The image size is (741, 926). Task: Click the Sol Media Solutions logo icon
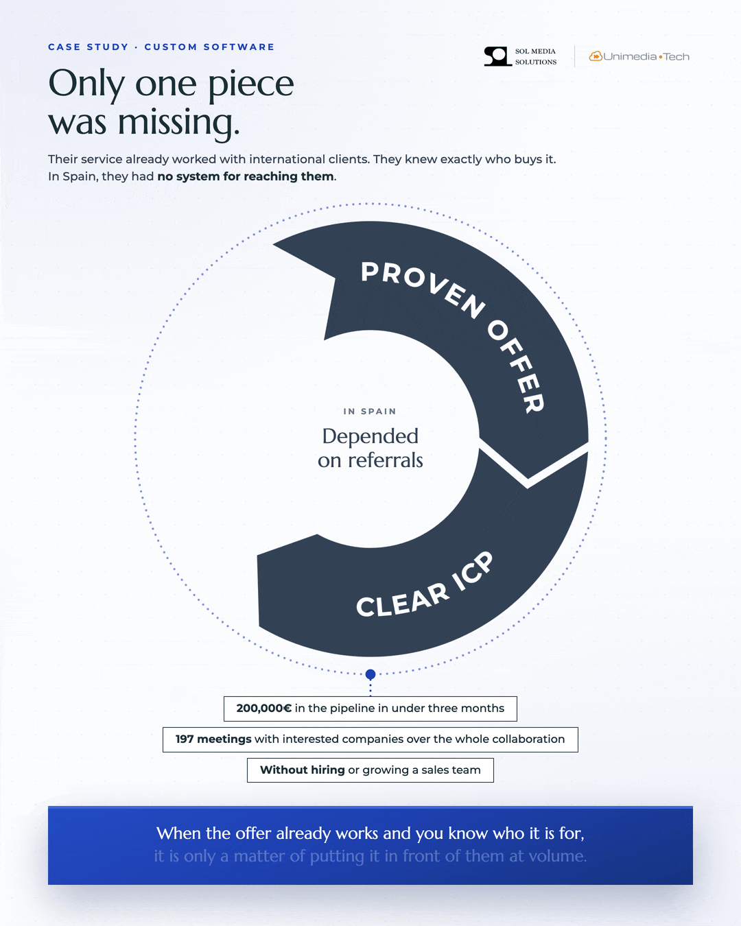tap(498, 56)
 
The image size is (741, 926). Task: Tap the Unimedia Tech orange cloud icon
tap(596, 56)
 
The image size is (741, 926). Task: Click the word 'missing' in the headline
tap(178, 123)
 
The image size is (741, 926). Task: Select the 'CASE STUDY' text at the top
tap(89, 47)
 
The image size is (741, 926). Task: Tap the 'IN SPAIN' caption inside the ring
tap(370, 412)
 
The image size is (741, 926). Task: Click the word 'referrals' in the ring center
tap(386, 460)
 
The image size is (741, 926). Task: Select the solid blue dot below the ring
tap(370, 674)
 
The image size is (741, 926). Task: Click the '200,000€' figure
tap(264, 709)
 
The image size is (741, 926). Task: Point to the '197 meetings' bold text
tap(213, 739)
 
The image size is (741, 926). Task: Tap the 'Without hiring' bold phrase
tap(303, 770)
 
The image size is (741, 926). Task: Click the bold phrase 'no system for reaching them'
tap(246, 176)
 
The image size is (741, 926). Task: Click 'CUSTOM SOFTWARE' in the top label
tap(209, 47)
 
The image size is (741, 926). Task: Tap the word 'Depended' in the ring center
tap(370, 437)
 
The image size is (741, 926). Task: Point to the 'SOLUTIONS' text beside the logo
tap(536, 62)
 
